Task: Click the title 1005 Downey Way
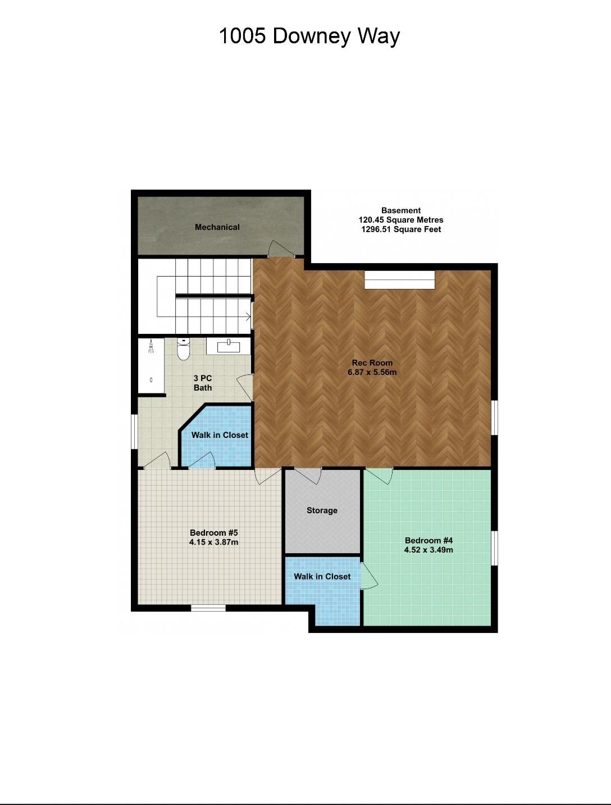(309, 36)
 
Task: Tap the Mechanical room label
(217, 227)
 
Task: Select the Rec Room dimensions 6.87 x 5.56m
(372, 372)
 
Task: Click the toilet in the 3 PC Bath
(183, 349)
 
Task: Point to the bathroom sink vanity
(229, 346)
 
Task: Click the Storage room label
(322, 510)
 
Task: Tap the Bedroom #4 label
(428, 540)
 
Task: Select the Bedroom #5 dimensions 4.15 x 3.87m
(213, 542)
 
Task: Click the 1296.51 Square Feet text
(401, 229)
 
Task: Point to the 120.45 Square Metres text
(401, 220)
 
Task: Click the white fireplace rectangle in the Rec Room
(400, 280)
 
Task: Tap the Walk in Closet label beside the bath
(220, 435)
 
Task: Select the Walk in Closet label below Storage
(322, 577)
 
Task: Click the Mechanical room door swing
(280, 249)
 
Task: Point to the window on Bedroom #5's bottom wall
(208, 608)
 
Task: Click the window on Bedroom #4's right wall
(495, 548)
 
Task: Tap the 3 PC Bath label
(203, 383)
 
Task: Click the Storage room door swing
(308, 476)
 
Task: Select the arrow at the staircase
(247, 316)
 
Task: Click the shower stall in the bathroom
(152, 365)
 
